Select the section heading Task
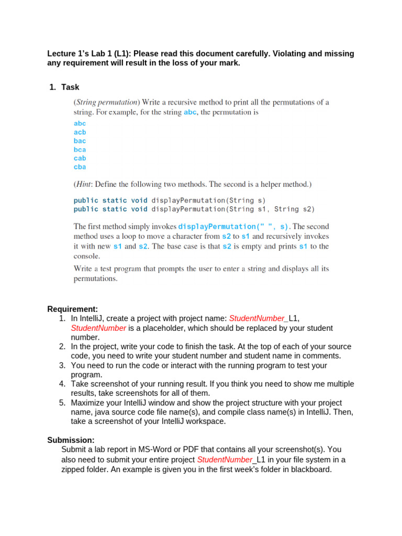(x=70, y=87)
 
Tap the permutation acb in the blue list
(x=80, y=132)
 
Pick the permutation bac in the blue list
(x=80, y=141)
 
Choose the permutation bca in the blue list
(x=80, y=150)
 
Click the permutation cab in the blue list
(x=80, y=158)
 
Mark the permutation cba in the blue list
(x=80, y=167)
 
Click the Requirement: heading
(x=73, y=309)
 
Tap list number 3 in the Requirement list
(x=62, y=365)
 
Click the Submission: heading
(x=71, y=440)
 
